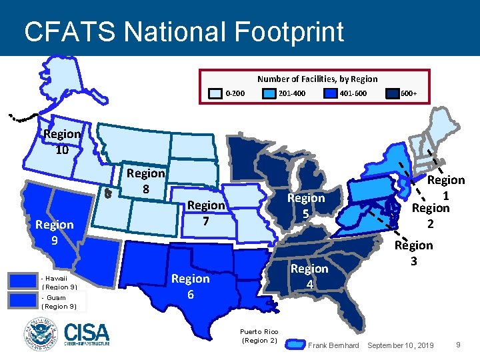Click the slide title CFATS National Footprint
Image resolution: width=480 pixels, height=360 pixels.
183,31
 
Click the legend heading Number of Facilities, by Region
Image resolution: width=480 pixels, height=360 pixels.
317,79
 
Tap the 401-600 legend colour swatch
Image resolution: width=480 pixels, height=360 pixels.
330,93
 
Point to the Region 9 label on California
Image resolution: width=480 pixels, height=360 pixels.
55,231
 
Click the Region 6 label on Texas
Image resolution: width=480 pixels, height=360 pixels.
191,285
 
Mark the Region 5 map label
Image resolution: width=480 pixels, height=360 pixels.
306,205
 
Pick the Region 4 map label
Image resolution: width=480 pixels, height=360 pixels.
309,275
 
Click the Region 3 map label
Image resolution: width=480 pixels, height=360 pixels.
413,253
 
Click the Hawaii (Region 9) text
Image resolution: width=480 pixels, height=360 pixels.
59,282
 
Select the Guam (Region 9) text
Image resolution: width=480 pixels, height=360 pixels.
59,302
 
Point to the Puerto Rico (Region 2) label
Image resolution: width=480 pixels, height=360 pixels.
259,336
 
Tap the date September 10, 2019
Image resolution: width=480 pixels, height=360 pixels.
400,345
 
